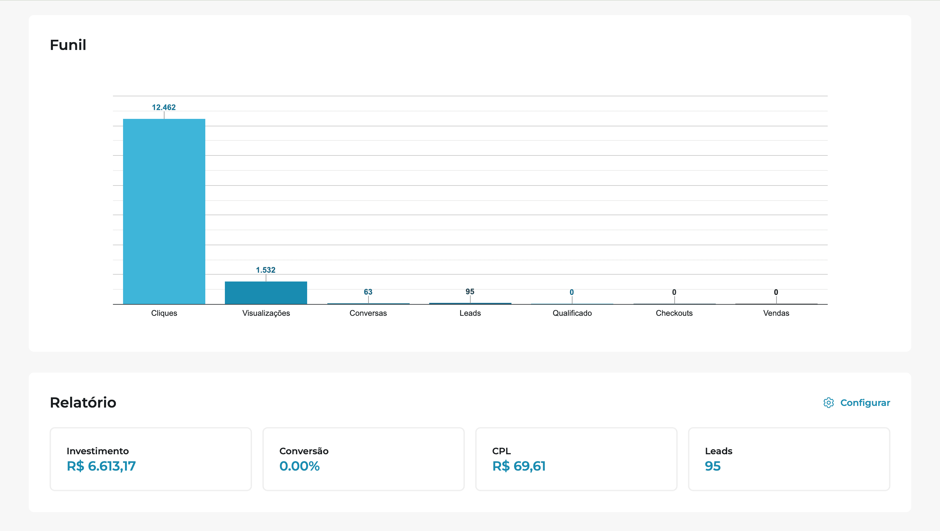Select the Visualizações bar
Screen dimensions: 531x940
click(266, 293)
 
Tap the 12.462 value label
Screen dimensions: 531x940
click(164, 107)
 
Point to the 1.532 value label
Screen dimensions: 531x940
click(265, 270)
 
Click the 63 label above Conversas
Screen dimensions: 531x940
click(368, 292)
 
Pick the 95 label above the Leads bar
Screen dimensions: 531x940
click(470, 291)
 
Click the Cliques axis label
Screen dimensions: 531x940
click(164, 313)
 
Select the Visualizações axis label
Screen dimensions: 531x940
click(266, 313)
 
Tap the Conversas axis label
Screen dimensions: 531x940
click(368, 313)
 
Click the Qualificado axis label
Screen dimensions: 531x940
click(572, 313)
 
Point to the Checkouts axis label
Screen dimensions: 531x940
click(674, 313)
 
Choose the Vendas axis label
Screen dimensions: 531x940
click(776, 313)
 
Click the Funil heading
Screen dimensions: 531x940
click(68, 45)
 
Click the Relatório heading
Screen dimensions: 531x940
click(83, 402)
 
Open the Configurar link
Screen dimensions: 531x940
click(865, 402)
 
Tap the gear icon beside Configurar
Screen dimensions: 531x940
click(828, 402)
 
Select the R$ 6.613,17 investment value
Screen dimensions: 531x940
click(101, 466)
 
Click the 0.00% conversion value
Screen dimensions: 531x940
click(299, 466)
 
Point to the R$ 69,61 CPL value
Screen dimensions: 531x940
click(519, 466)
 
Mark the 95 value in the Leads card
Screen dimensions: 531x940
click(712, 466)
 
